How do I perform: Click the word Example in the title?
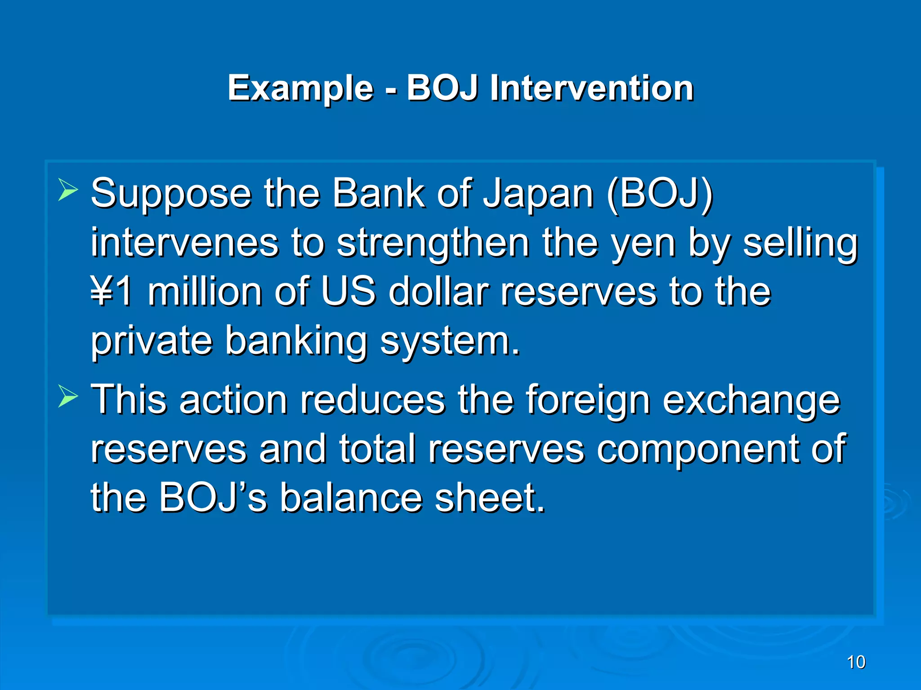click(300, 88)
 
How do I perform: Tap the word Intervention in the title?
click(591, 88)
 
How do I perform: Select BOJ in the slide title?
click(442, 88)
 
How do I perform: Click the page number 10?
click(856, 662)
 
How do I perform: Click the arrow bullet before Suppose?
click(68, 189)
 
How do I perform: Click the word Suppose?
click(171, 194)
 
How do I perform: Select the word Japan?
click(538, 194)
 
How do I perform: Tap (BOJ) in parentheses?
click(659, 194)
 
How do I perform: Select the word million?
click(205, 292)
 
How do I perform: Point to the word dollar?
click(438, 292)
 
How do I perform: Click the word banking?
click(296, 341)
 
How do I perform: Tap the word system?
click(450, 341)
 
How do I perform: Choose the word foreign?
click(588, 400)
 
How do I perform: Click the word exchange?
click(751, 400)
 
